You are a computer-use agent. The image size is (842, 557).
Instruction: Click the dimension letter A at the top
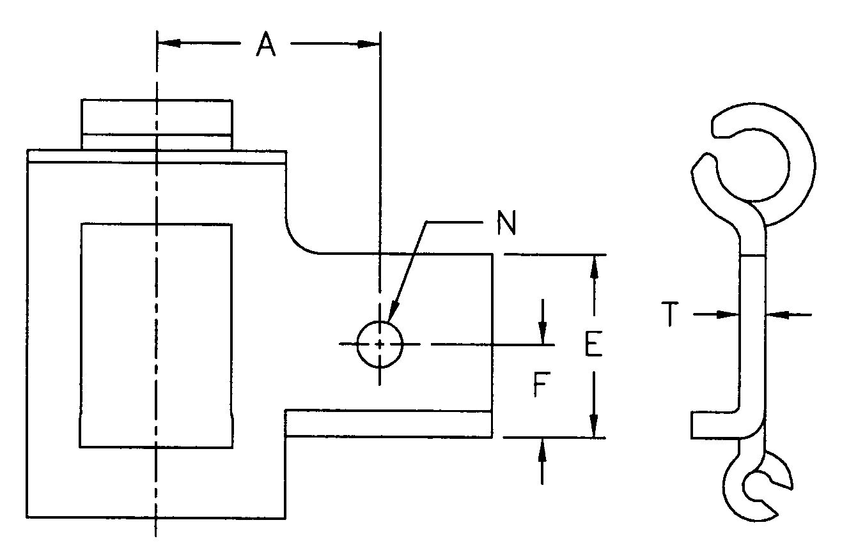click(267, 45)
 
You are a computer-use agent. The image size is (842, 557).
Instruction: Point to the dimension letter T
click(669, 315)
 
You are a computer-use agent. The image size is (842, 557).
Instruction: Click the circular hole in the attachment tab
click(380, 344)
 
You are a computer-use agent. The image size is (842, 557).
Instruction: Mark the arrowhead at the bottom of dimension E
click(595, 425)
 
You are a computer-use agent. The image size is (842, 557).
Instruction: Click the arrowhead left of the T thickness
click(728, 314)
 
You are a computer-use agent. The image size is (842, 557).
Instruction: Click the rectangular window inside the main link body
click(156, 335)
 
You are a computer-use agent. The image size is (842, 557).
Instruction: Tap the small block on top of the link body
click(156, 124)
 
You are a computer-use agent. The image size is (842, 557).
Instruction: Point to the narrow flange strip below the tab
click(388, 424)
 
